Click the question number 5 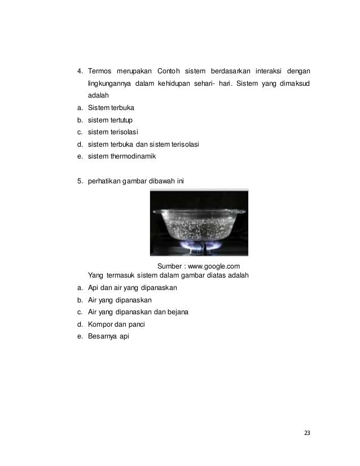point(80,181)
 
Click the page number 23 point(307,433)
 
